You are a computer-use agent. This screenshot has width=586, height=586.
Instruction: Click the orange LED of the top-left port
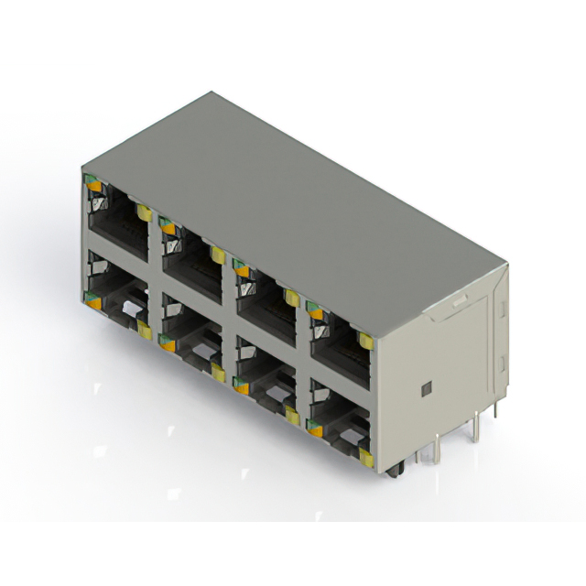[x=92, y=185]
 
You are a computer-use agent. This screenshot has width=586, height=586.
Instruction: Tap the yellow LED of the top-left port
[x=144, y=212]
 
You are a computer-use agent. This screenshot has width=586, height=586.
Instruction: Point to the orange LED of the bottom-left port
[x=92, y=296]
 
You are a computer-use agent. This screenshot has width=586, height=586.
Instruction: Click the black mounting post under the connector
[x=396, y=471]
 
